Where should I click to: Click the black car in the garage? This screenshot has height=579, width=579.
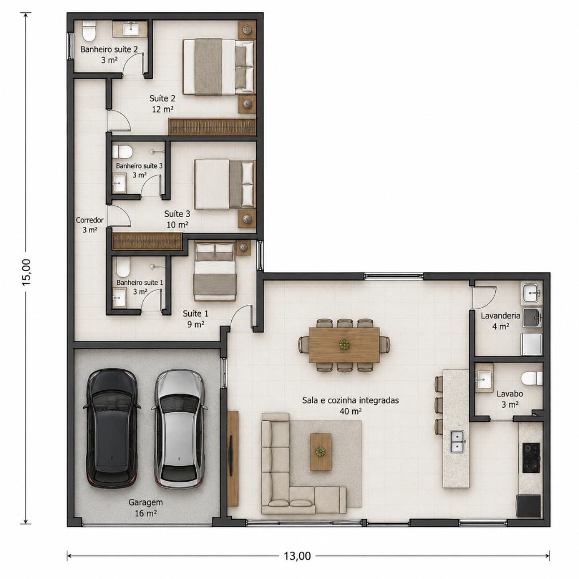[112, 429]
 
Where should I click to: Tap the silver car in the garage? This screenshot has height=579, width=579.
[179, 429]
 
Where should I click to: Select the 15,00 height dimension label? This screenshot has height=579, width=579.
[26, 272]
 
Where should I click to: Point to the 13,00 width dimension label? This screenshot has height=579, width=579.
[297, 555]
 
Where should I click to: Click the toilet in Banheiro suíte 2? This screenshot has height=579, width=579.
[89, 31]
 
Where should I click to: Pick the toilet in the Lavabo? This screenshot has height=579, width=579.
[532, 378]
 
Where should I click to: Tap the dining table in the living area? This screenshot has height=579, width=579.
[344, 345]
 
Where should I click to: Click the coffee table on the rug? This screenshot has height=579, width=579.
[321, 452]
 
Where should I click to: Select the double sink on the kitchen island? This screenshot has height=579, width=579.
[457, 442]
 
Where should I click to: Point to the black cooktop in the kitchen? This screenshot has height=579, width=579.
[531, 458]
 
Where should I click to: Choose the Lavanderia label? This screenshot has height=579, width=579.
[500, 316]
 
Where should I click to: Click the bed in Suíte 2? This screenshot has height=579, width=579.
[219, 67]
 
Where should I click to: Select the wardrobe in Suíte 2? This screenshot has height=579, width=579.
[212, 126]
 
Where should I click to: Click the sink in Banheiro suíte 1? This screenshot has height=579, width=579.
[119, 297]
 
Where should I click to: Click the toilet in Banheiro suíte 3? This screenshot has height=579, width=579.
[123, 152]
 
